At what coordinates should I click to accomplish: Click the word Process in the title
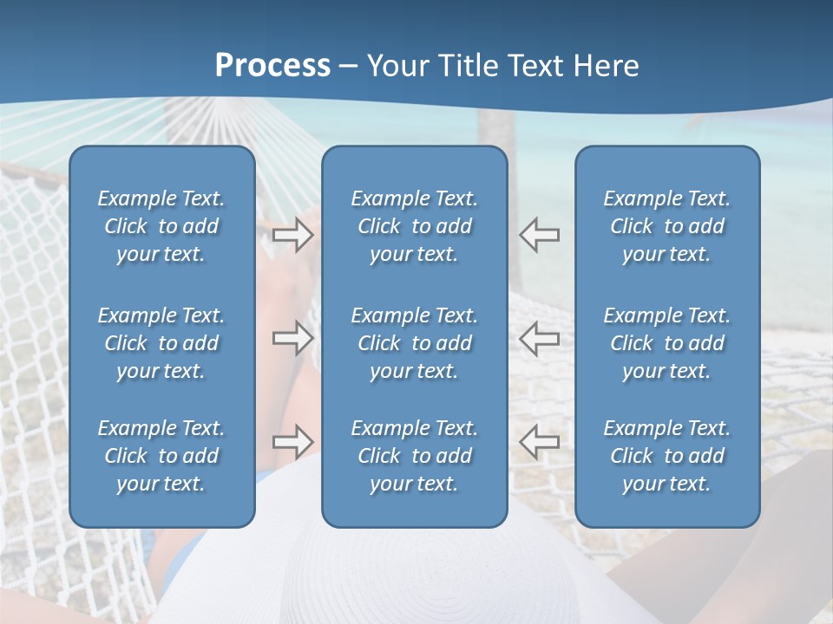(272, 66)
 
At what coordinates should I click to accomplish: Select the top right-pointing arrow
(292, 234)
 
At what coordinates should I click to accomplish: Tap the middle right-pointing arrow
(292, 338)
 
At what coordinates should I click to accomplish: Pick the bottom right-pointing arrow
(292, 441)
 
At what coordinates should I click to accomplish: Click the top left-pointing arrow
(540, 234)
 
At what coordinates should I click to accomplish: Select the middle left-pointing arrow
(540, 338)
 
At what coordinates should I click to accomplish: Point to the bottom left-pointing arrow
(540, 441)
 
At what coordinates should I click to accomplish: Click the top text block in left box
(161, 226)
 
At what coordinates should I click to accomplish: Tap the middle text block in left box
(161, 343)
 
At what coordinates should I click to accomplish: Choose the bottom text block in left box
(161, 456)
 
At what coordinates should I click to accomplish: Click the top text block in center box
(414, 226)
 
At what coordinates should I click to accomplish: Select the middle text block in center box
(414, 343)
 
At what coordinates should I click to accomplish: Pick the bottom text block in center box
(414, 456)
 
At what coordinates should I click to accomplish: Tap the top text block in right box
(666, 226)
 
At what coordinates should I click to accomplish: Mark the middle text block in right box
(666, 343)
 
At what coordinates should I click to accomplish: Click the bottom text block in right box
(666, 456)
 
